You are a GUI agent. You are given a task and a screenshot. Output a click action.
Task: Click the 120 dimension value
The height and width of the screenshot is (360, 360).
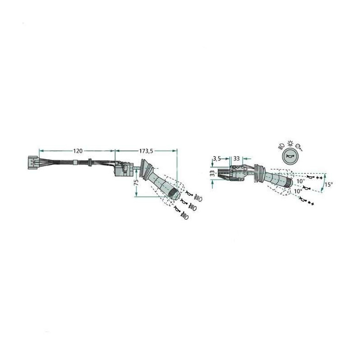(77, 151)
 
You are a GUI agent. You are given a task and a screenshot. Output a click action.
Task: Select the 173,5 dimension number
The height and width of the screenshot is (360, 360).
(146, 151)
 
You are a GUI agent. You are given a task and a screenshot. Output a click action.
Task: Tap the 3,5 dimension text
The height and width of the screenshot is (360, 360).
(217, 158)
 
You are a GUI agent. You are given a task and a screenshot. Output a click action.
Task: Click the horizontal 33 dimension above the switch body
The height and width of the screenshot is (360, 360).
(237, 158)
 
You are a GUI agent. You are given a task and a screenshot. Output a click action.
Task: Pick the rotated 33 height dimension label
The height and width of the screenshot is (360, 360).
(213, 173)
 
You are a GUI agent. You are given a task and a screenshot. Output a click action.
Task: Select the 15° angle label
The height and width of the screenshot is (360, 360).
(329, 184)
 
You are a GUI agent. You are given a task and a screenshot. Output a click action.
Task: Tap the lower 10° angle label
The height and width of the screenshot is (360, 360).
(298, 191)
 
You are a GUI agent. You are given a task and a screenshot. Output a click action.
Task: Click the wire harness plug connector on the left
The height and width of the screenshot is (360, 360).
(33, 162)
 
